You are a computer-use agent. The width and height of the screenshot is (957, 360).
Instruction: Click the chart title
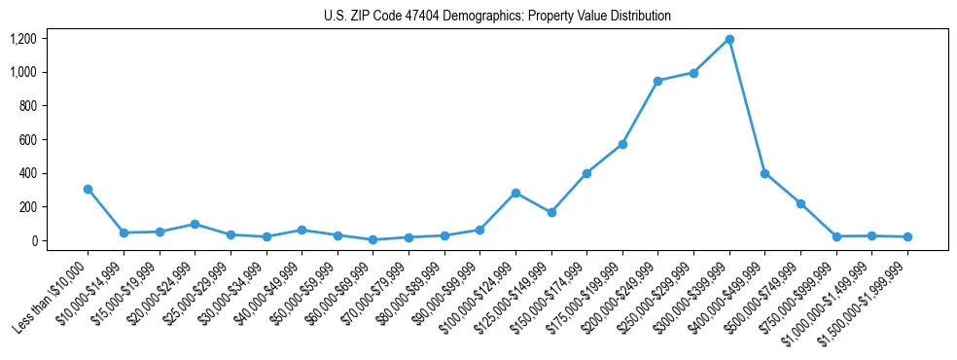tap(497, 17)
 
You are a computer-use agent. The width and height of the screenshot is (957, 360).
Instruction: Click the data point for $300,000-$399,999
tap(729, 40)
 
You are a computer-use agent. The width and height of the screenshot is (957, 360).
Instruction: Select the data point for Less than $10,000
tap(88, 189)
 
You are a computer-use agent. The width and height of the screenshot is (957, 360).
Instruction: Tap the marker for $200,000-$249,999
tap(658, 81)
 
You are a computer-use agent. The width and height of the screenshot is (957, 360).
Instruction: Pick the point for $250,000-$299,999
tap(693, 73)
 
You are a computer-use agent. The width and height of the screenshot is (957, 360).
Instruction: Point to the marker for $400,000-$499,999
tap(765, 173)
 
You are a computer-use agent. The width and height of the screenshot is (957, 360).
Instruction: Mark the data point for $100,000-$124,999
tap(515, 193)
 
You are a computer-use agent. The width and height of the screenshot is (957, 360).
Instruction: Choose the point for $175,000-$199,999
tap(622, 144)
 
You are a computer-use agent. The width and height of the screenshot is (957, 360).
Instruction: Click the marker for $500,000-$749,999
tap(800, 203)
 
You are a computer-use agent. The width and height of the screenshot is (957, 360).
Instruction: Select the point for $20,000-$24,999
tap(195, 224)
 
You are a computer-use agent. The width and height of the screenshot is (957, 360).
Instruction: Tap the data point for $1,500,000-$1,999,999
tap(907, 236)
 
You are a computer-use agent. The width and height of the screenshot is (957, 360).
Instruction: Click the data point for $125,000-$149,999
tap(551, 212)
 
